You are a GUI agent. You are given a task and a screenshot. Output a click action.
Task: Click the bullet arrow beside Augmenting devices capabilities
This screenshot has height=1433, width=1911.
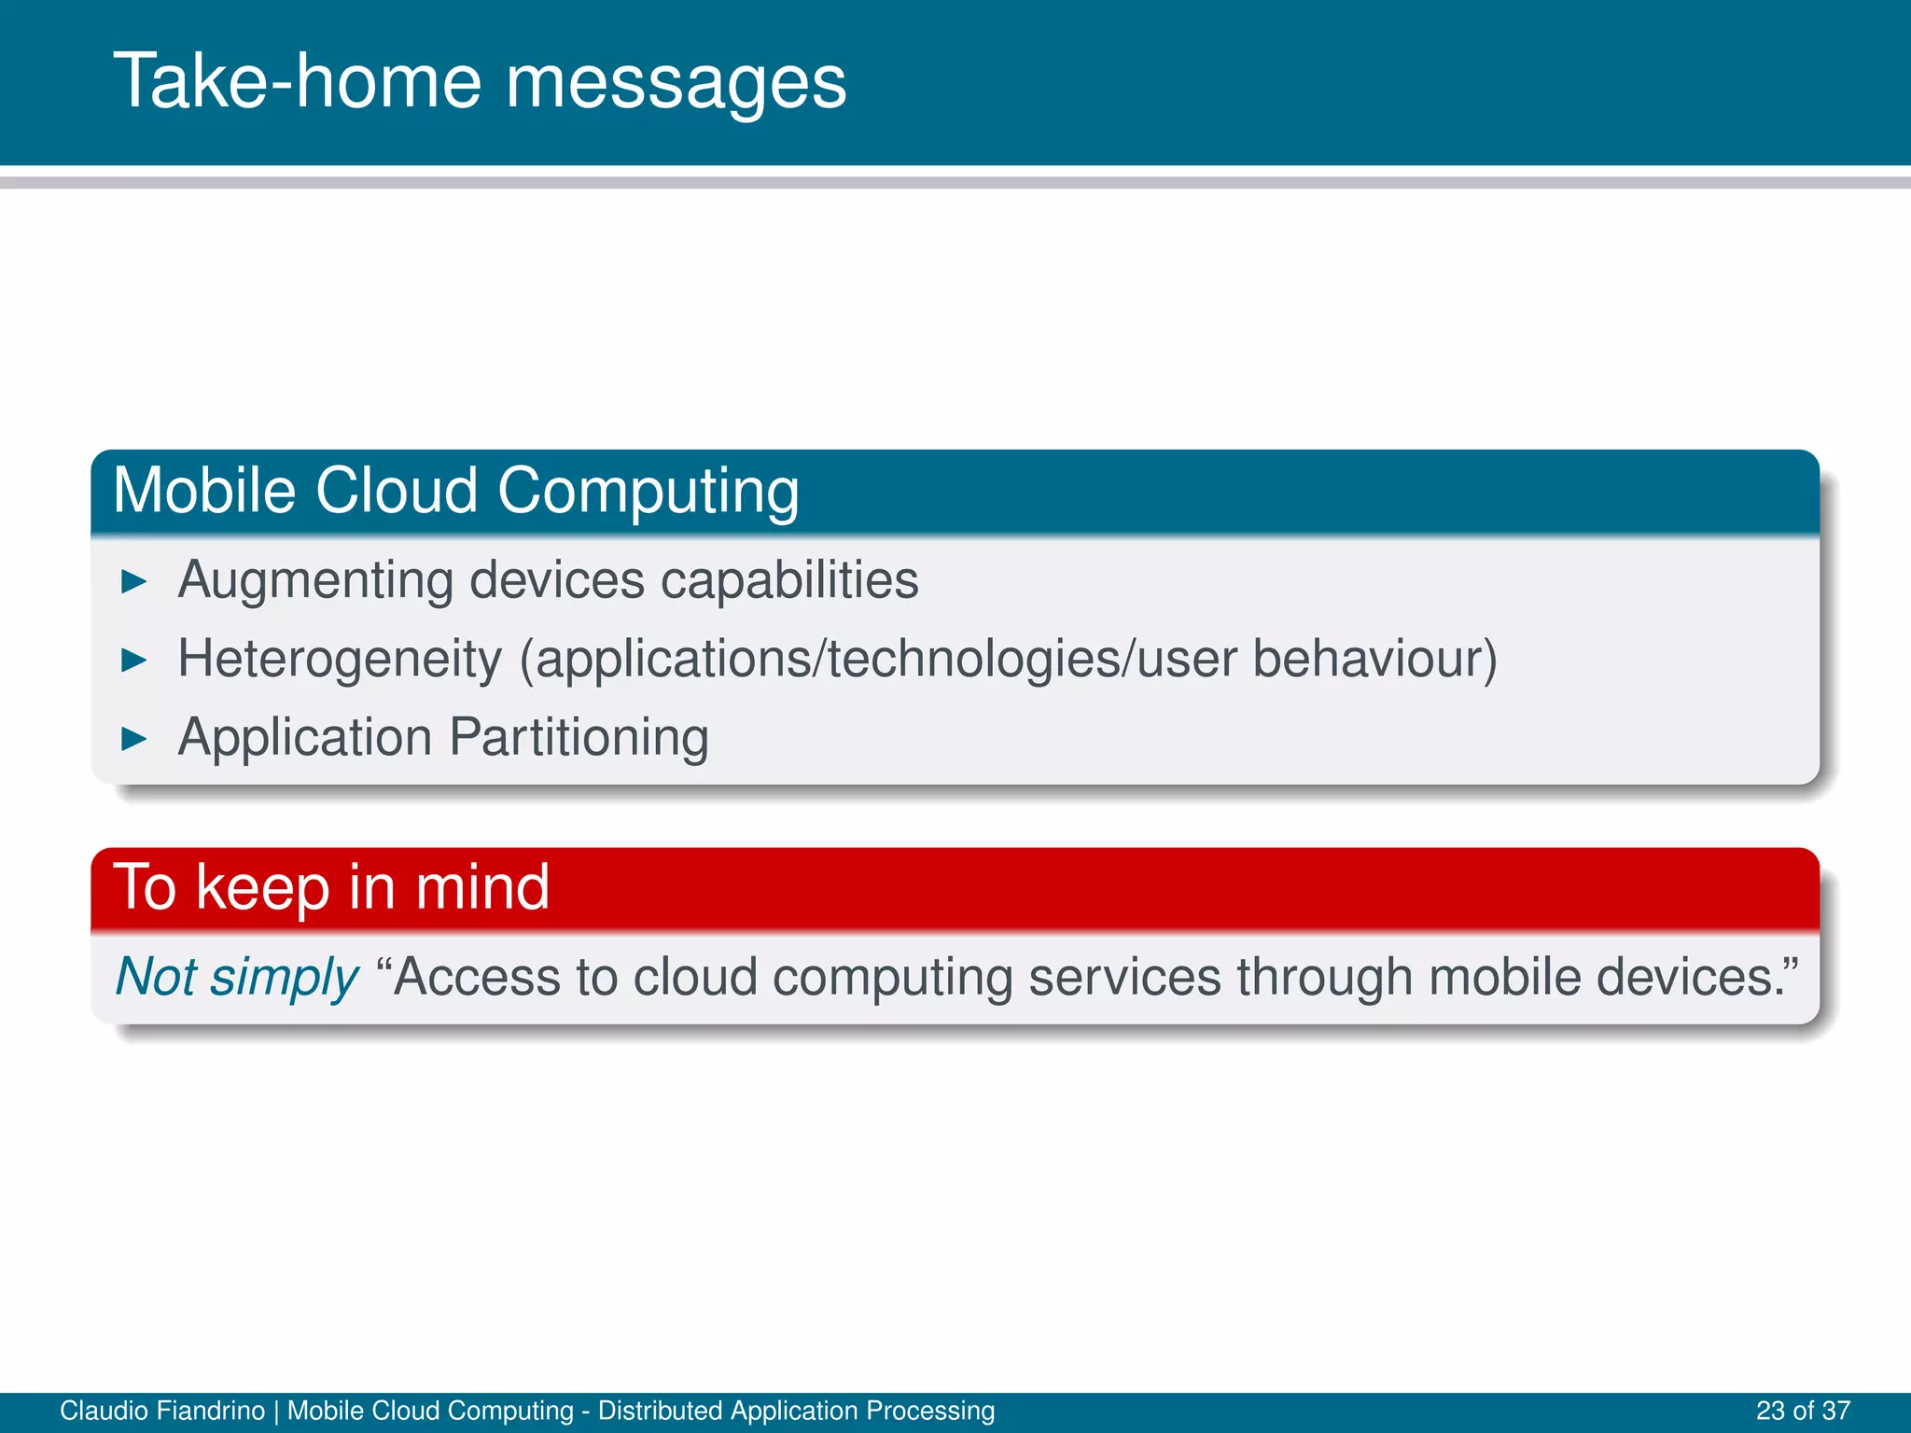point(134,582)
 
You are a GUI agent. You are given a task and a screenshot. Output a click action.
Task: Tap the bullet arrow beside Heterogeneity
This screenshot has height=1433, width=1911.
point(134,661)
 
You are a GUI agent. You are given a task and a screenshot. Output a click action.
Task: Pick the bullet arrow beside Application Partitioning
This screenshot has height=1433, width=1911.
point(134,740)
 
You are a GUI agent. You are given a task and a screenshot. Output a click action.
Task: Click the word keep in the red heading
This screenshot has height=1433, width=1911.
point(263,886)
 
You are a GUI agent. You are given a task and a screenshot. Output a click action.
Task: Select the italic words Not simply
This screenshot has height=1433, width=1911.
point(237,978)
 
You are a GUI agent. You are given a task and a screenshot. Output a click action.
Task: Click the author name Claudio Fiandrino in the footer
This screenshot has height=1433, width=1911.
point(162,1411)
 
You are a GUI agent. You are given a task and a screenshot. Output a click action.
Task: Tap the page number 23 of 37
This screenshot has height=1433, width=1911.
point(1803,1411)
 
